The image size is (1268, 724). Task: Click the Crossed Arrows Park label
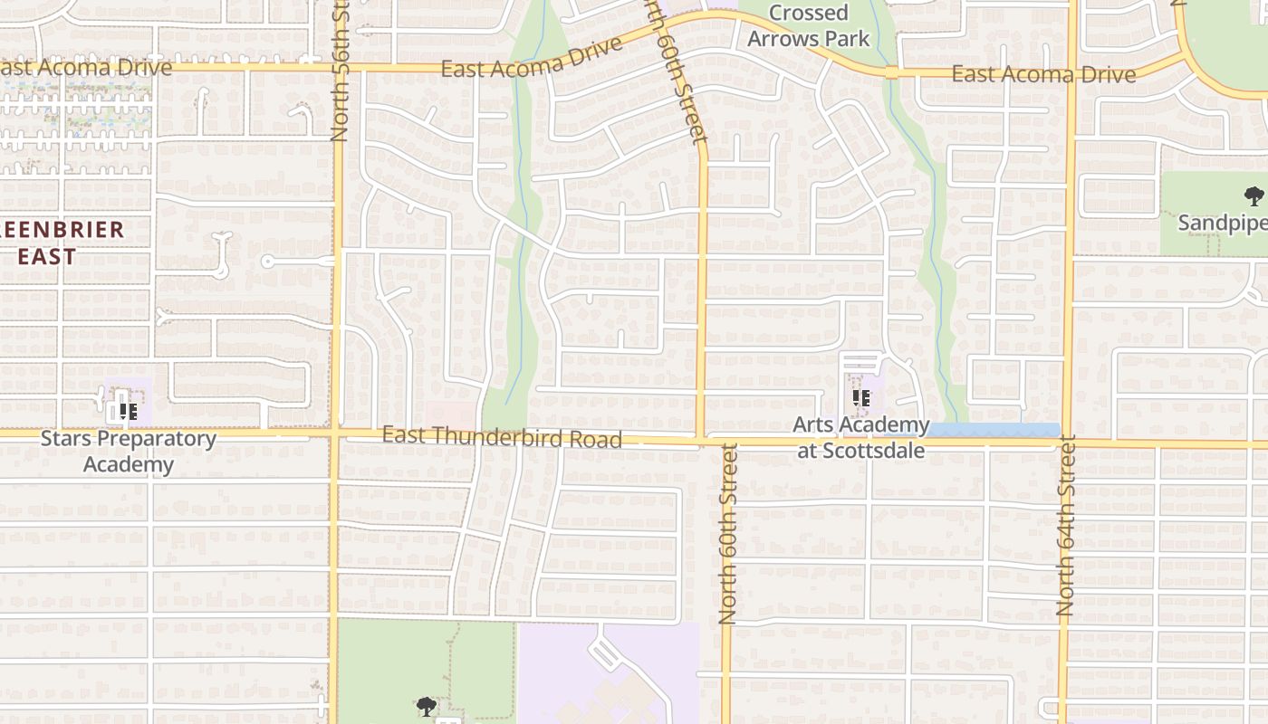808,25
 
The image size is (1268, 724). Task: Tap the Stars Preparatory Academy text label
129,452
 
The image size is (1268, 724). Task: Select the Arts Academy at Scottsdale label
860,437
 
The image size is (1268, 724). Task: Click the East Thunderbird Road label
502,437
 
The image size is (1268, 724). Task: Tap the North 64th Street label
1066,527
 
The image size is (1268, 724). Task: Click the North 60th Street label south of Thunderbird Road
727,534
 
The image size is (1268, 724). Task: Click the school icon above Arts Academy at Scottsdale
861,397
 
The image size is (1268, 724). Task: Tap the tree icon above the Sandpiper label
1254,195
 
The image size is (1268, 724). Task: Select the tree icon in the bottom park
427,706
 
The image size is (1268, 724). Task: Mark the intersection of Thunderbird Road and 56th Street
334,434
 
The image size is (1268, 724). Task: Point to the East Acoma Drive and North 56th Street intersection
339,66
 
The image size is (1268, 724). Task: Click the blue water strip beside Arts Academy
992,430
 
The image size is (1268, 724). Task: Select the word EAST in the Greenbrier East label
47,257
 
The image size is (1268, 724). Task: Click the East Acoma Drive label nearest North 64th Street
1043,74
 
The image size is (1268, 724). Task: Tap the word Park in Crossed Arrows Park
848,39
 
